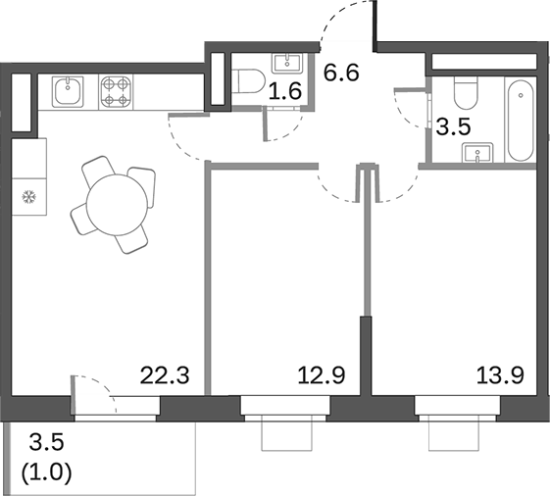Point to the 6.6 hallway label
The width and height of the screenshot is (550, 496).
[341, 71]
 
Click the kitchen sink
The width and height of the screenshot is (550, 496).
[68, 91]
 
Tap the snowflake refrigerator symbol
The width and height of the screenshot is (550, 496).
[27, 196]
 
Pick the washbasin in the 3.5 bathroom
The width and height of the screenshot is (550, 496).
[480, 153]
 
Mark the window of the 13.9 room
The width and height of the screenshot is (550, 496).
[456, 406]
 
